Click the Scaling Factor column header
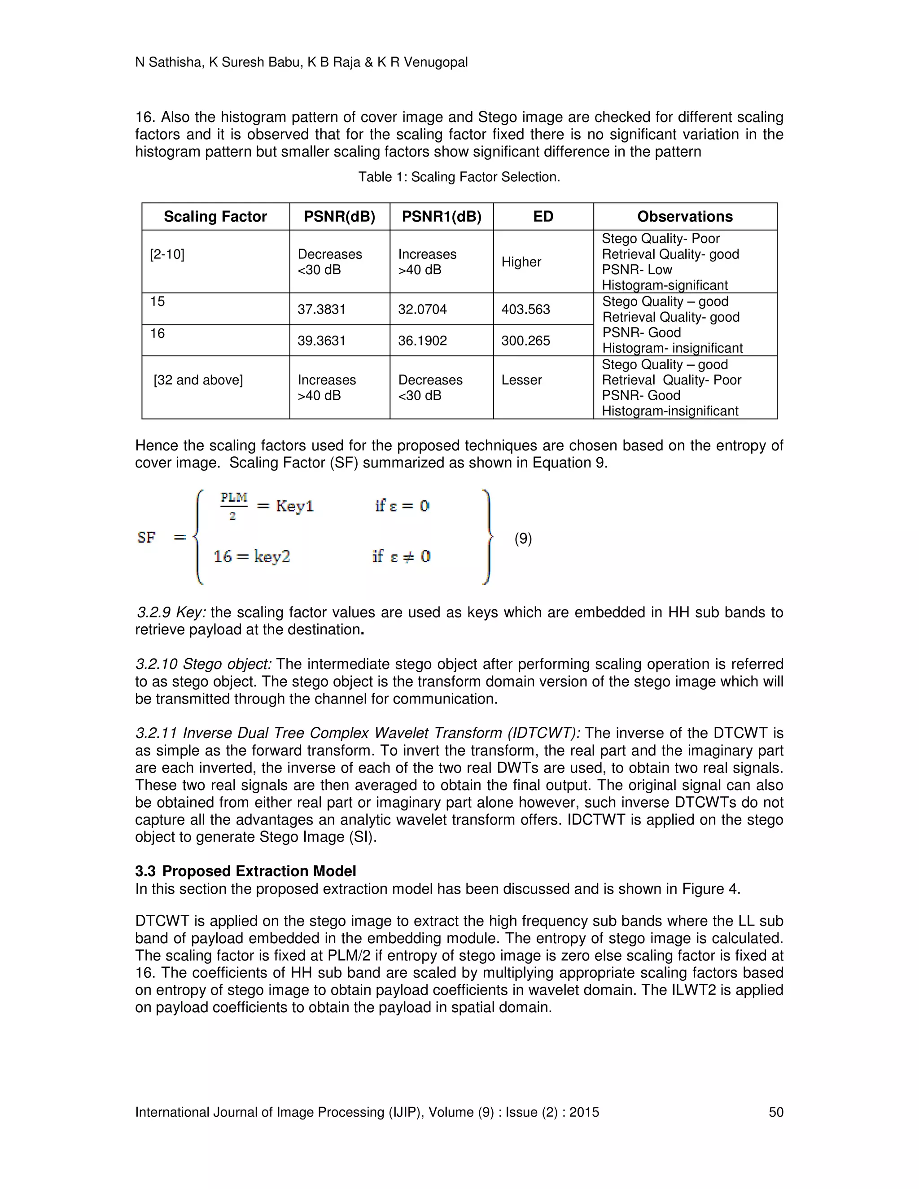pos(215,217)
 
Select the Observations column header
pos(684,217)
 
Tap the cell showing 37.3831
pos(321,309)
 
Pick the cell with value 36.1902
pos(422,341)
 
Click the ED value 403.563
pos(525,309)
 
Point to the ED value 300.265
pos(525,341)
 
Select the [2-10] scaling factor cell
pos(167,254)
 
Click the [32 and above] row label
pos(198,380)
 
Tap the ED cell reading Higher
pos(521,262)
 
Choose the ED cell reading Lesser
pos(521,380)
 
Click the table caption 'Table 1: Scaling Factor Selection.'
pos(459,177)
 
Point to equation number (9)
pos(523,538)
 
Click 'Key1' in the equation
pos(294,506)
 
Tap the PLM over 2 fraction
pos(233,506)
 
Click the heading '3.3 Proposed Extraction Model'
pos(245,871)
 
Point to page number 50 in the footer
pos(775,1112)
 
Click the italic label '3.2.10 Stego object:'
pos(204,664)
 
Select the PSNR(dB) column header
pos(339,217)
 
